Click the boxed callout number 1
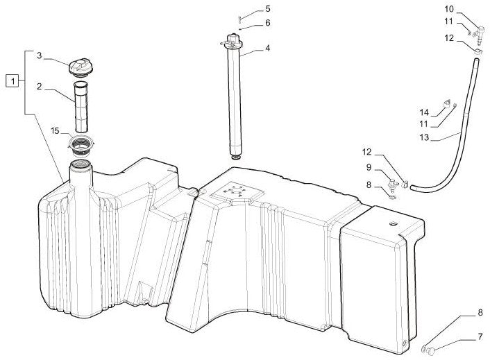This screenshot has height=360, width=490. coord(12,81)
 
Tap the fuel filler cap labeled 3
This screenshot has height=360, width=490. coord(81,66)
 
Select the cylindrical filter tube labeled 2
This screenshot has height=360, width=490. coord(81,106)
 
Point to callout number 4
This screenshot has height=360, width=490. coord(267,48)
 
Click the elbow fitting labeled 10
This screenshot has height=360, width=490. coord(480,34)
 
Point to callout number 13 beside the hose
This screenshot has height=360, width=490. coord(424,137)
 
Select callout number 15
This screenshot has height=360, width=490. coord(55,131)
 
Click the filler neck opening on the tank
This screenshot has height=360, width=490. coord(81,164)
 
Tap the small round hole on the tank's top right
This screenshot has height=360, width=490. coord(393,223)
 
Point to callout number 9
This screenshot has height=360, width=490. coord(369,168)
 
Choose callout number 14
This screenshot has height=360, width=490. coord(424,112)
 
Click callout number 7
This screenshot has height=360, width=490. coord(480,337)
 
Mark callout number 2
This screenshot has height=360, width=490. coord(39,86)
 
